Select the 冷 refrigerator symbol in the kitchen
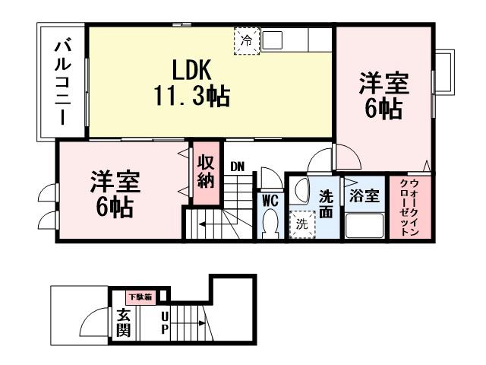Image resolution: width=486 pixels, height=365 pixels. click(246, 42)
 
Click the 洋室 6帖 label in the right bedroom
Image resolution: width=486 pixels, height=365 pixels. click(384, 94)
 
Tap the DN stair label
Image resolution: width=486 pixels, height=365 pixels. click(238, 167)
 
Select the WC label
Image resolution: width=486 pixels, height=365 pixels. click(269, 201)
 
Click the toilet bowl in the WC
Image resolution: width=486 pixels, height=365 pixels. click(269, 224)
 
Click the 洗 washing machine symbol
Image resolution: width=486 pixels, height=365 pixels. click(301, 225)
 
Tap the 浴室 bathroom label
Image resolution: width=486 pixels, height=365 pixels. click(364, 195)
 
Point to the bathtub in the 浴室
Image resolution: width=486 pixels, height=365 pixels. click(364, 226)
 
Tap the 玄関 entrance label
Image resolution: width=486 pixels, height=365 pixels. click(122, 323)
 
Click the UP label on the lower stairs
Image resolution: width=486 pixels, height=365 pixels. click(164, 323)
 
